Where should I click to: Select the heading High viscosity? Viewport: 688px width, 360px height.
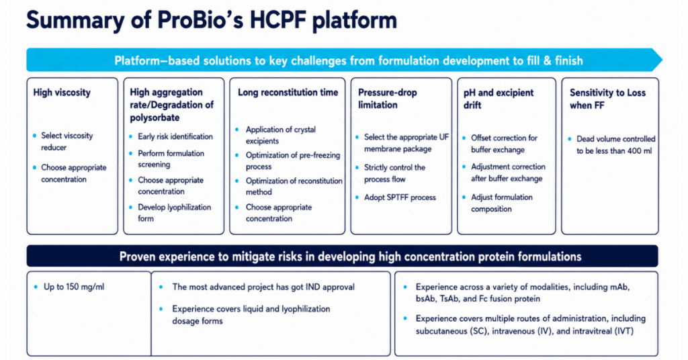click(62, 93)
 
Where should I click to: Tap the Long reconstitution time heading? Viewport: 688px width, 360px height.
click(288, 93)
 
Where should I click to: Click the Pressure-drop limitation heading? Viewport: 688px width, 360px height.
click(388, 99)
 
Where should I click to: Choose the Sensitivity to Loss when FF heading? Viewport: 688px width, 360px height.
click(607, 99)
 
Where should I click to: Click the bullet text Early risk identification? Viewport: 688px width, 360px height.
click(175, 136)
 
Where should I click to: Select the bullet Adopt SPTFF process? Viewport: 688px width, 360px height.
click(400, 197)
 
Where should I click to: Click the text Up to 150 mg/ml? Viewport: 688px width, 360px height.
click(74, 287)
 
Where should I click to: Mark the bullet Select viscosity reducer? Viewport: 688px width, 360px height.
click(67, 142)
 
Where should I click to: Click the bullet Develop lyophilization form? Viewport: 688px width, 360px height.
click(174, 213)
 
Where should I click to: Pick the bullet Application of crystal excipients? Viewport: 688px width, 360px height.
click(280, 135)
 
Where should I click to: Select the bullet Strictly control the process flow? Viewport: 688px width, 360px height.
click(394, 173)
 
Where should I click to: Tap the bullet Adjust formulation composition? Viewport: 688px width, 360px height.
click(501, 203)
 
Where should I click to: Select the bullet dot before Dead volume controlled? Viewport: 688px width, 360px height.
click(570, 139)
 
